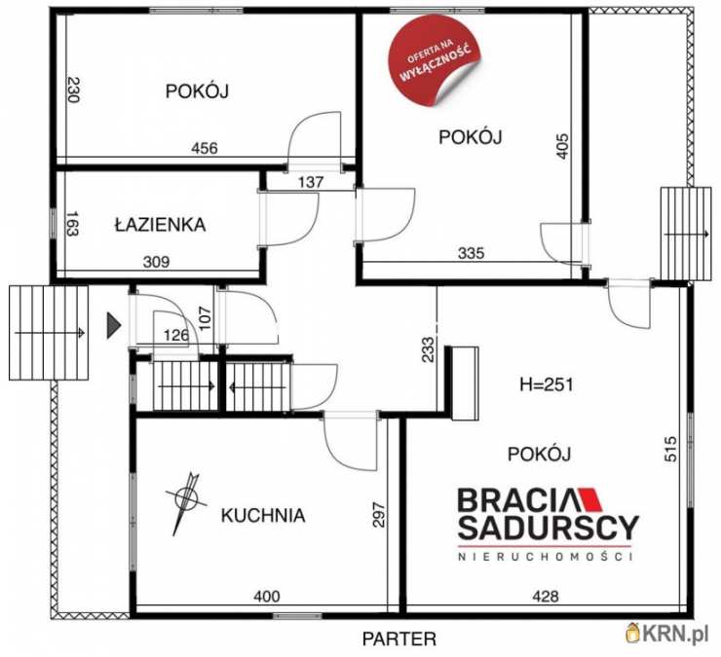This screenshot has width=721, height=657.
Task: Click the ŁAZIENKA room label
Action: [160, 224]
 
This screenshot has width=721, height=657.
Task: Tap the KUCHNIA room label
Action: [263, 516]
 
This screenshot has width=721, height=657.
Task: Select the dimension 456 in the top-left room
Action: [205, 148]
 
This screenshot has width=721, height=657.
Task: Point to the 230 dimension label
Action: [74, 90]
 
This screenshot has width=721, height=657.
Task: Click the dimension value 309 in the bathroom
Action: [156, 262]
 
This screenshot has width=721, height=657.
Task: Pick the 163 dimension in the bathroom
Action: [72, 223]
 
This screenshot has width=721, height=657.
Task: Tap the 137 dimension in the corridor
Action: [311, 182]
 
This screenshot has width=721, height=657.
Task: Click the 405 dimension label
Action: [563, 146]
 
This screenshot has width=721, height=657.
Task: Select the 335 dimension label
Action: [472, 253]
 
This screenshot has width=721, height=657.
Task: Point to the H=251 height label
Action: [547, 384]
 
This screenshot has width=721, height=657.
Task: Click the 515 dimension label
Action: [671, 449]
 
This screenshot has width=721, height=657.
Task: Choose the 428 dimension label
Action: [546, 597]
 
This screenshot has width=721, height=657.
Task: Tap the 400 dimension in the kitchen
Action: [267, 597]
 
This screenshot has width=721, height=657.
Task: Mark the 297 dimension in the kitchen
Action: [378, 515]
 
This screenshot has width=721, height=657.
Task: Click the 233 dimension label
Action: [428, 349]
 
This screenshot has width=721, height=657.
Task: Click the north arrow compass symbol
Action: [186, 501]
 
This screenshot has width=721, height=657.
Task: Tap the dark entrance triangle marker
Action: [114, 326]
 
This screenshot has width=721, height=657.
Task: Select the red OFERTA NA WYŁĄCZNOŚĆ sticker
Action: [435, 60]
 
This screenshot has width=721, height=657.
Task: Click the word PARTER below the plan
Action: [399, 639]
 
